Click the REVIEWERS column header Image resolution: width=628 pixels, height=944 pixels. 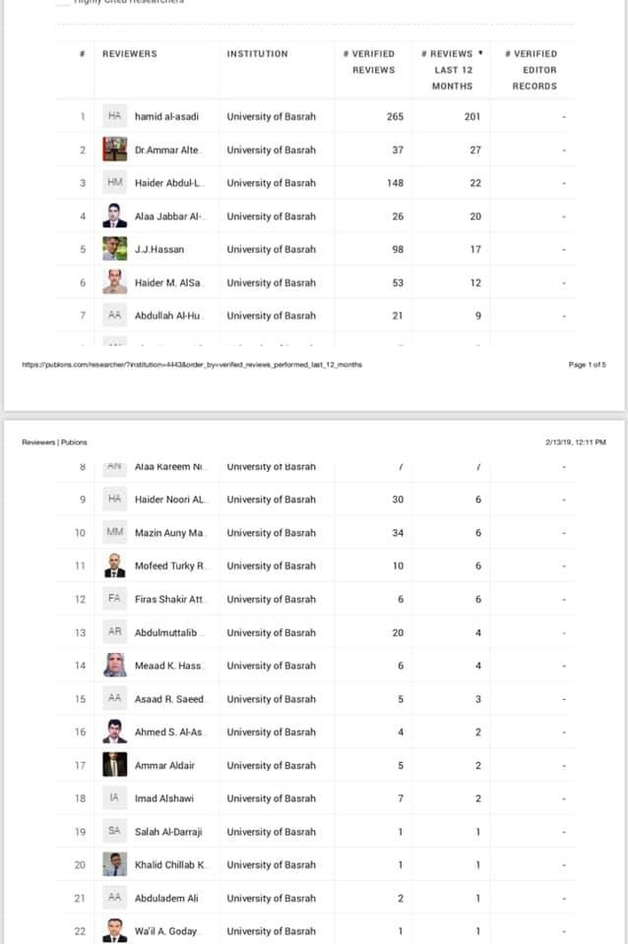[129, 54]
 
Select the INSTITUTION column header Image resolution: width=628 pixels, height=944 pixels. [257, 54]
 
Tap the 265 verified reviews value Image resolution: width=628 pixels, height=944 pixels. [395, 116]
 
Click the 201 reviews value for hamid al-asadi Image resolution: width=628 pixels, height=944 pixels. [472, 116]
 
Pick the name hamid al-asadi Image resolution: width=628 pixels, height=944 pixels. [166, 116]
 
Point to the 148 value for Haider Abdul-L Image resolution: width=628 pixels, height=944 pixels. [395, 183]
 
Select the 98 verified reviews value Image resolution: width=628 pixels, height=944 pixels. [397, 249]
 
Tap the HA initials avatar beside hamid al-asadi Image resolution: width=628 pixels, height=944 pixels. [115, 116]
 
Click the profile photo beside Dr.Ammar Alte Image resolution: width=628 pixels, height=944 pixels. [115, 149]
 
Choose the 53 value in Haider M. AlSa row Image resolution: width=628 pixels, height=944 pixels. [397, 282]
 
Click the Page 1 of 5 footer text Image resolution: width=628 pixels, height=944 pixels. [588, 365]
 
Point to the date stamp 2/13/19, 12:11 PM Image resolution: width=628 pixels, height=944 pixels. [574, 442]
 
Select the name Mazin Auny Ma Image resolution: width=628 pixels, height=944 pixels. [169, 533]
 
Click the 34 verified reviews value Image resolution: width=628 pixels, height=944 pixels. [398, 533]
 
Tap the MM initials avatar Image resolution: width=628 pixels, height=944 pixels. [115, 533]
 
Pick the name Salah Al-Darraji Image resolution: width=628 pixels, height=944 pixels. [169, 832]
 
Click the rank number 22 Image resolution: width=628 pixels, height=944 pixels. [80, 931]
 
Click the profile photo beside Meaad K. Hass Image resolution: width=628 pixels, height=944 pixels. [115, 666]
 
